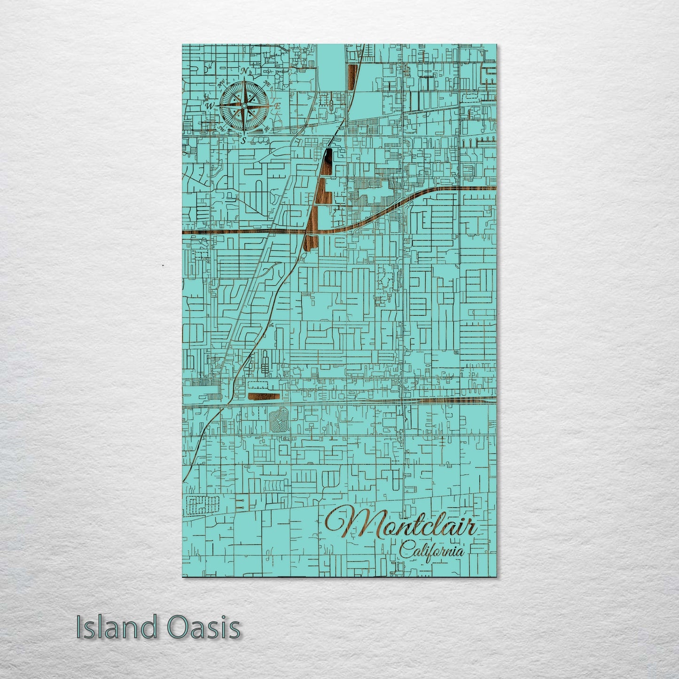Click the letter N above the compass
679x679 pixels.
click(x=244, y=71)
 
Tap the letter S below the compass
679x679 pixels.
click(x=243, y=140)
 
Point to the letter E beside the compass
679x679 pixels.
click(x=277, y=106)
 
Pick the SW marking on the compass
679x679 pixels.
click(x=221, y=127)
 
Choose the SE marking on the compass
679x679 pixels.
click(x=267, y=128)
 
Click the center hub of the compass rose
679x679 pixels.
click(x=244, y=106)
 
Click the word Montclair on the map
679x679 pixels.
click(x=402, y=525)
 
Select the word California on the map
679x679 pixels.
click(x=431, y=551)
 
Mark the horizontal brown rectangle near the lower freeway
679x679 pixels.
click(x=264, y=399)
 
